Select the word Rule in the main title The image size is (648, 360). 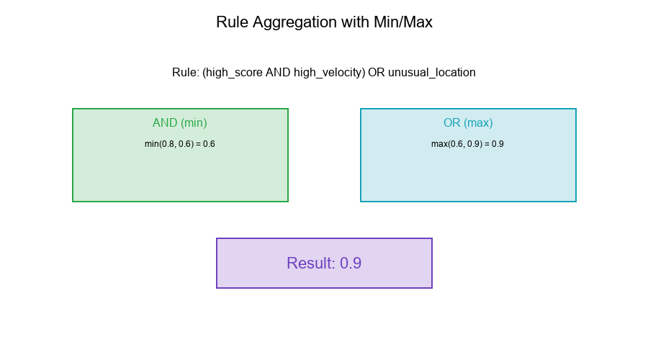(231, 22)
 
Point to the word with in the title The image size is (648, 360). (354, 22)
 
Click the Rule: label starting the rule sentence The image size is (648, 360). (185, 73)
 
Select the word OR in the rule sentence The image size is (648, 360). (376, 73)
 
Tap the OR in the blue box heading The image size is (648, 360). (452, 123)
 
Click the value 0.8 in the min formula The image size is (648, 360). (168, 144)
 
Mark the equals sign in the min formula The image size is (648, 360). (198, 144)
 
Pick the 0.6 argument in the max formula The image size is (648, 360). (456, 144)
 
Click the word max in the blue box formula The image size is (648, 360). (439, 144)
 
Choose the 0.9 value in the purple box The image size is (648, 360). (351, 264)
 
